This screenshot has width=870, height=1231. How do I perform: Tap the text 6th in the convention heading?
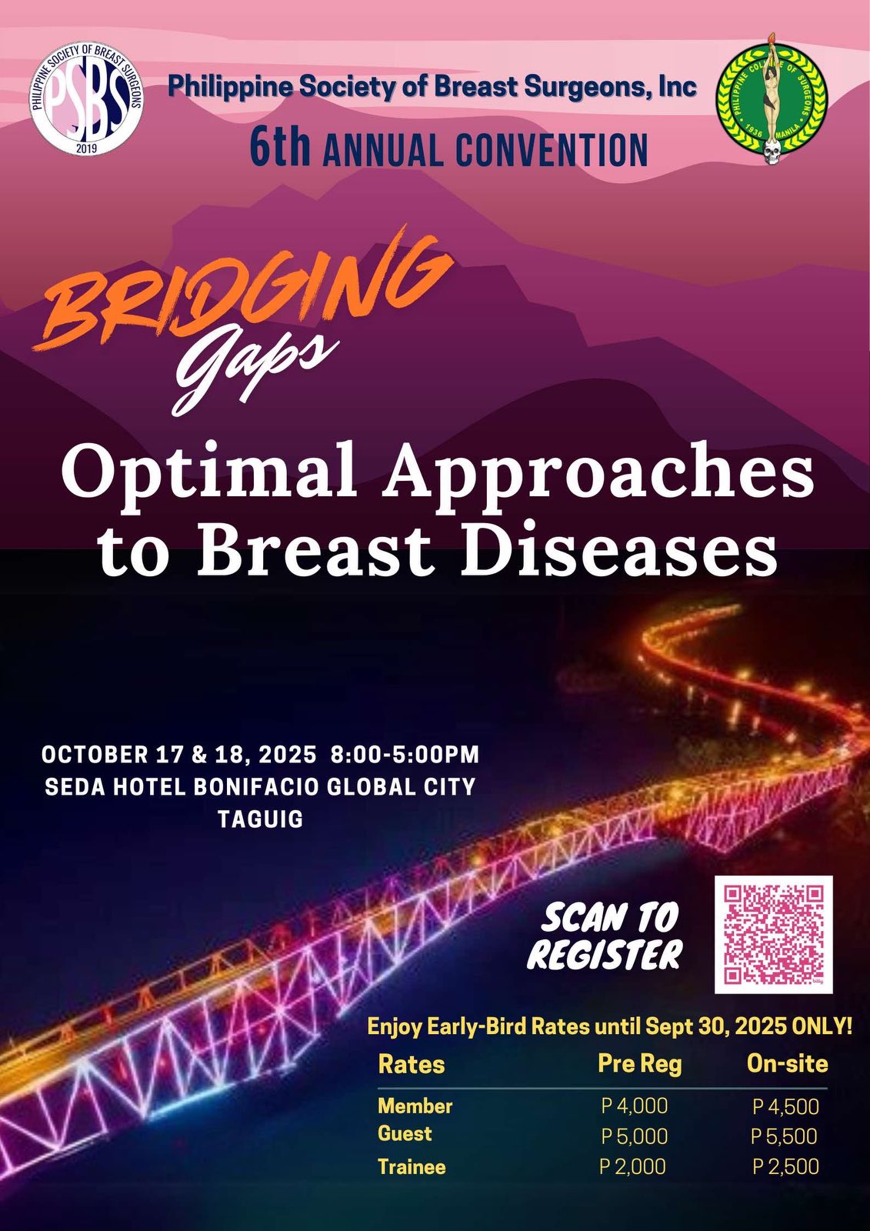tap(280, 148)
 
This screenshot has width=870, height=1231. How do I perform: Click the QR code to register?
tap(773, 935)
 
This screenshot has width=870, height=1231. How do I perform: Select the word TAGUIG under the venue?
tap(261, 819)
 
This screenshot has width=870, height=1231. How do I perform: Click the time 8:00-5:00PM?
tap(405, 755)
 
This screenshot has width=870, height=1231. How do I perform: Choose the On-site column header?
tap(787, 1063)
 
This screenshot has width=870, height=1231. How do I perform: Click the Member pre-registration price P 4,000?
tap(635, 1105)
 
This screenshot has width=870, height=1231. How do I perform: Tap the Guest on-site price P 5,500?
tap(785, 1136)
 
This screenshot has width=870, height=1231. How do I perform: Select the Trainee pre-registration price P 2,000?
tap(633, 1166)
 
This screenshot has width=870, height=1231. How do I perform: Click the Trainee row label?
tap(412, 1166)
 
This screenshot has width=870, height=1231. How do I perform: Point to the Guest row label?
tap(405, 1133)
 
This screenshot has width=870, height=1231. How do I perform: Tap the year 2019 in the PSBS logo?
tap(86, 147)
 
